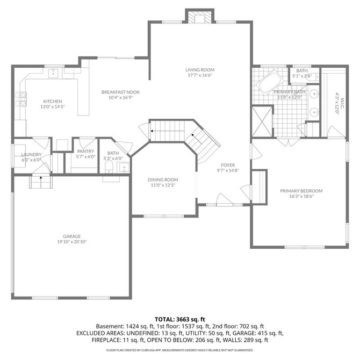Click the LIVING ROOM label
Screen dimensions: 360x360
[x=200, y=70]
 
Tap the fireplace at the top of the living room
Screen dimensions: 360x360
[x=200, y=16]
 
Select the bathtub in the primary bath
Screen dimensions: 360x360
[x=270, y=83]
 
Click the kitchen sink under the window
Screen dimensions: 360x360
[x=53, y=73]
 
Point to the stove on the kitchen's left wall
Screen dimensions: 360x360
[x=20, y=99]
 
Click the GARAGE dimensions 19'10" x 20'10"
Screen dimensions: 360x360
[x=72, y=242]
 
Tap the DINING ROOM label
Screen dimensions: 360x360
[x=163, y=180]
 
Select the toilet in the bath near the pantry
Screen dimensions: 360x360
[x=109, y=167]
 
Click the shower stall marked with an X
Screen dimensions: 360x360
[x=262, y=121]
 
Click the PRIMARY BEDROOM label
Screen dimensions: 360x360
[x=301, y=191]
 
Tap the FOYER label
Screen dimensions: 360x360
[x=228, y=165]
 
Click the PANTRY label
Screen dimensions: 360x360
[x=85, y=152]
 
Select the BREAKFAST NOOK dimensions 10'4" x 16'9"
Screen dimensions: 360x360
[x=121, y=97]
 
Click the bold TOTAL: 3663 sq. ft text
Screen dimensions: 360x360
[x=180, y=319]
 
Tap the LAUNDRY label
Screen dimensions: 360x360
[x=31, y=155]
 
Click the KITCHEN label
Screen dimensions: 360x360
[x=53, y=101]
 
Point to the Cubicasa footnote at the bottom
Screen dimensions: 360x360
[x=180, y=350]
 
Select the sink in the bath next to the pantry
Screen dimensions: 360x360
[x=124, y=168]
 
